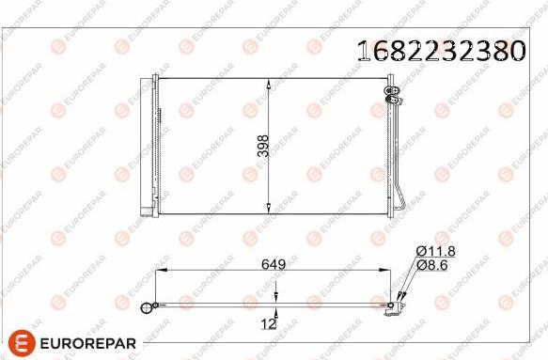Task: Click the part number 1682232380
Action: [x=440, y=51]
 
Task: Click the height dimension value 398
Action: [x=263, y=145]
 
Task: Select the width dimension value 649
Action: [x=274, y=264]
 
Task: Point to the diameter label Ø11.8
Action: [x=435, y=250]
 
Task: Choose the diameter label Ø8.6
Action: [x=433, y=267]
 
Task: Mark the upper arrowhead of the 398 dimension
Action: [x=272, y=83]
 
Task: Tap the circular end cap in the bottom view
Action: [x=147, y=307]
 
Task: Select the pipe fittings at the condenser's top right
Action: [x=392, y=91]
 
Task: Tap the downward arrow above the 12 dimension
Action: [x=275, y=296]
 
